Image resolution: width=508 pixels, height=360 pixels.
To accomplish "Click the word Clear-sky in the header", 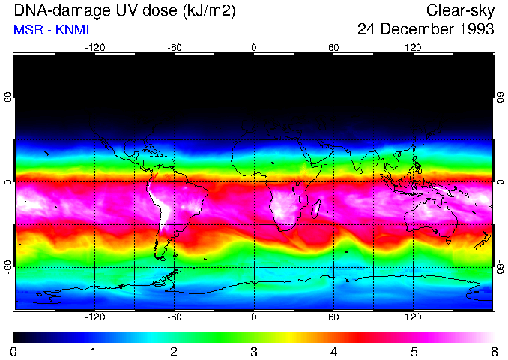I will tap(460, 10).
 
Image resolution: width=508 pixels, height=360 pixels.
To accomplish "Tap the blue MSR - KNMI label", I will tap(51, 29).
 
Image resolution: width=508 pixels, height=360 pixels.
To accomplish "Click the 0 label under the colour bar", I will tap(14, 351).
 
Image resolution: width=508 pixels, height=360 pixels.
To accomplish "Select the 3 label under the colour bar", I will tap(253, 351).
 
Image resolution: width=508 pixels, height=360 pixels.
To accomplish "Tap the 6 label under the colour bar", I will tap(493, 351).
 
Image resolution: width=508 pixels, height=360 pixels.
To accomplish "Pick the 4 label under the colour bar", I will tap(333, 351).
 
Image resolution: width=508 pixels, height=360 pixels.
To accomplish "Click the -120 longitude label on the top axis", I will tap(94, 48).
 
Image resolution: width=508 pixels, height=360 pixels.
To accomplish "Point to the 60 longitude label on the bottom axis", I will tap(333, 316).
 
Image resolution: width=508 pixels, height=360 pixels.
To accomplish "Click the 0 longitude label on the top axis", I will tap(254, 48).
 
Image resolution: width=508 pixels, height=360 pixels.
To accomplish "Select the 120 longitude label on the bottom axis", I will tap(413, 316).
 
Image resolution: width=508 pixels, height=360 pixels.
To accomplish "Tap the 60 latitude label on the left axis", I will tap(8, 99).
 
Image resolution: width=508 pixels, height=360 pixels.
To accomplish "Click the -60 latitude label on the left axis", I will tap(8, 265).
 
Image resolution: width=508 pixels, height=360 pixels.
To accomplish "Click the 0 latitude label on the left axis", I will tap(8, 182).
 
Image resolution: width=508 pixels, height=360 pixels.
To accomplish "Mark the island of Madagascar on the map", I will tap(318, 206).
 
